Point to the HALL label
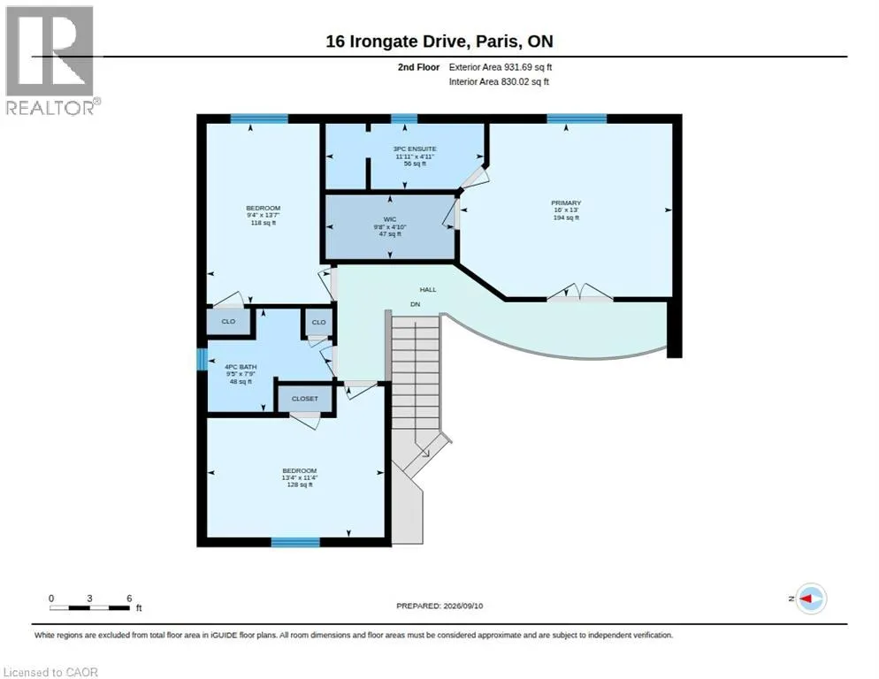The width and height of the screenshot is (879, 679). [x=428, y=290]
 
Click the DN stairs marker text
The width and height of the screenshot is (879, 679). [x=416, y=304]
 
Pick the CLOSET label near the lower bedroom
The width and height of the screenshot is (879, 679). [x=305, y=399]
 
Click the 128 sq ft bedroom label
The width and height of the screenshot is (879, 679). [x=300, y=477]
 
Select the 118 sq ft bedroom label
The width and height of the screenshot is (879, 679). [x=263, y=216]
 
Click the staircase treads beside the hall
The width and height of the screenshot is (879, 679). [x=416, y=371]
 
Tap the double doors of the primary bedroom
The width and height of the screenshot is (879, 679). [x=579, y=293]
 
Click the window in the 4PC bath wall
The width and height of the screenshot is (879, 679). [x=202, y=360]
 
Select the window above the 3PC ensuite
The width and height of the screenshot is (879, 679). [x=404, y=118]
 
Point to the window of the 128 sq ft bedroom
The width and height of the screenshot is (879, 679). [x=295, y=542]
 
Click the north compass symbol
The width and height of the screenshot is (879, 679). [x=811, y=599]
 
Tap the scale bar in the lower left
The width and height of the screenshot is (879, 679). [x=89, y=607]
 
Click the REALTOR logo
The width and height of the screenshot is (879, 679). [x=53, y=60]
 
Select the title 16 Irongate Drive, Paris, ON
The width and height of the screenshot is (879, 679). [x=439, y=42]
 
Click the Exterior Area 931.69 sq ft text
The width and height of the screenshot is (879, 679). [x=500, y=67]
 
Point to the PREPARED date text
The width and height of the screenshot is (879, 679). [x=439, y=607]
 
